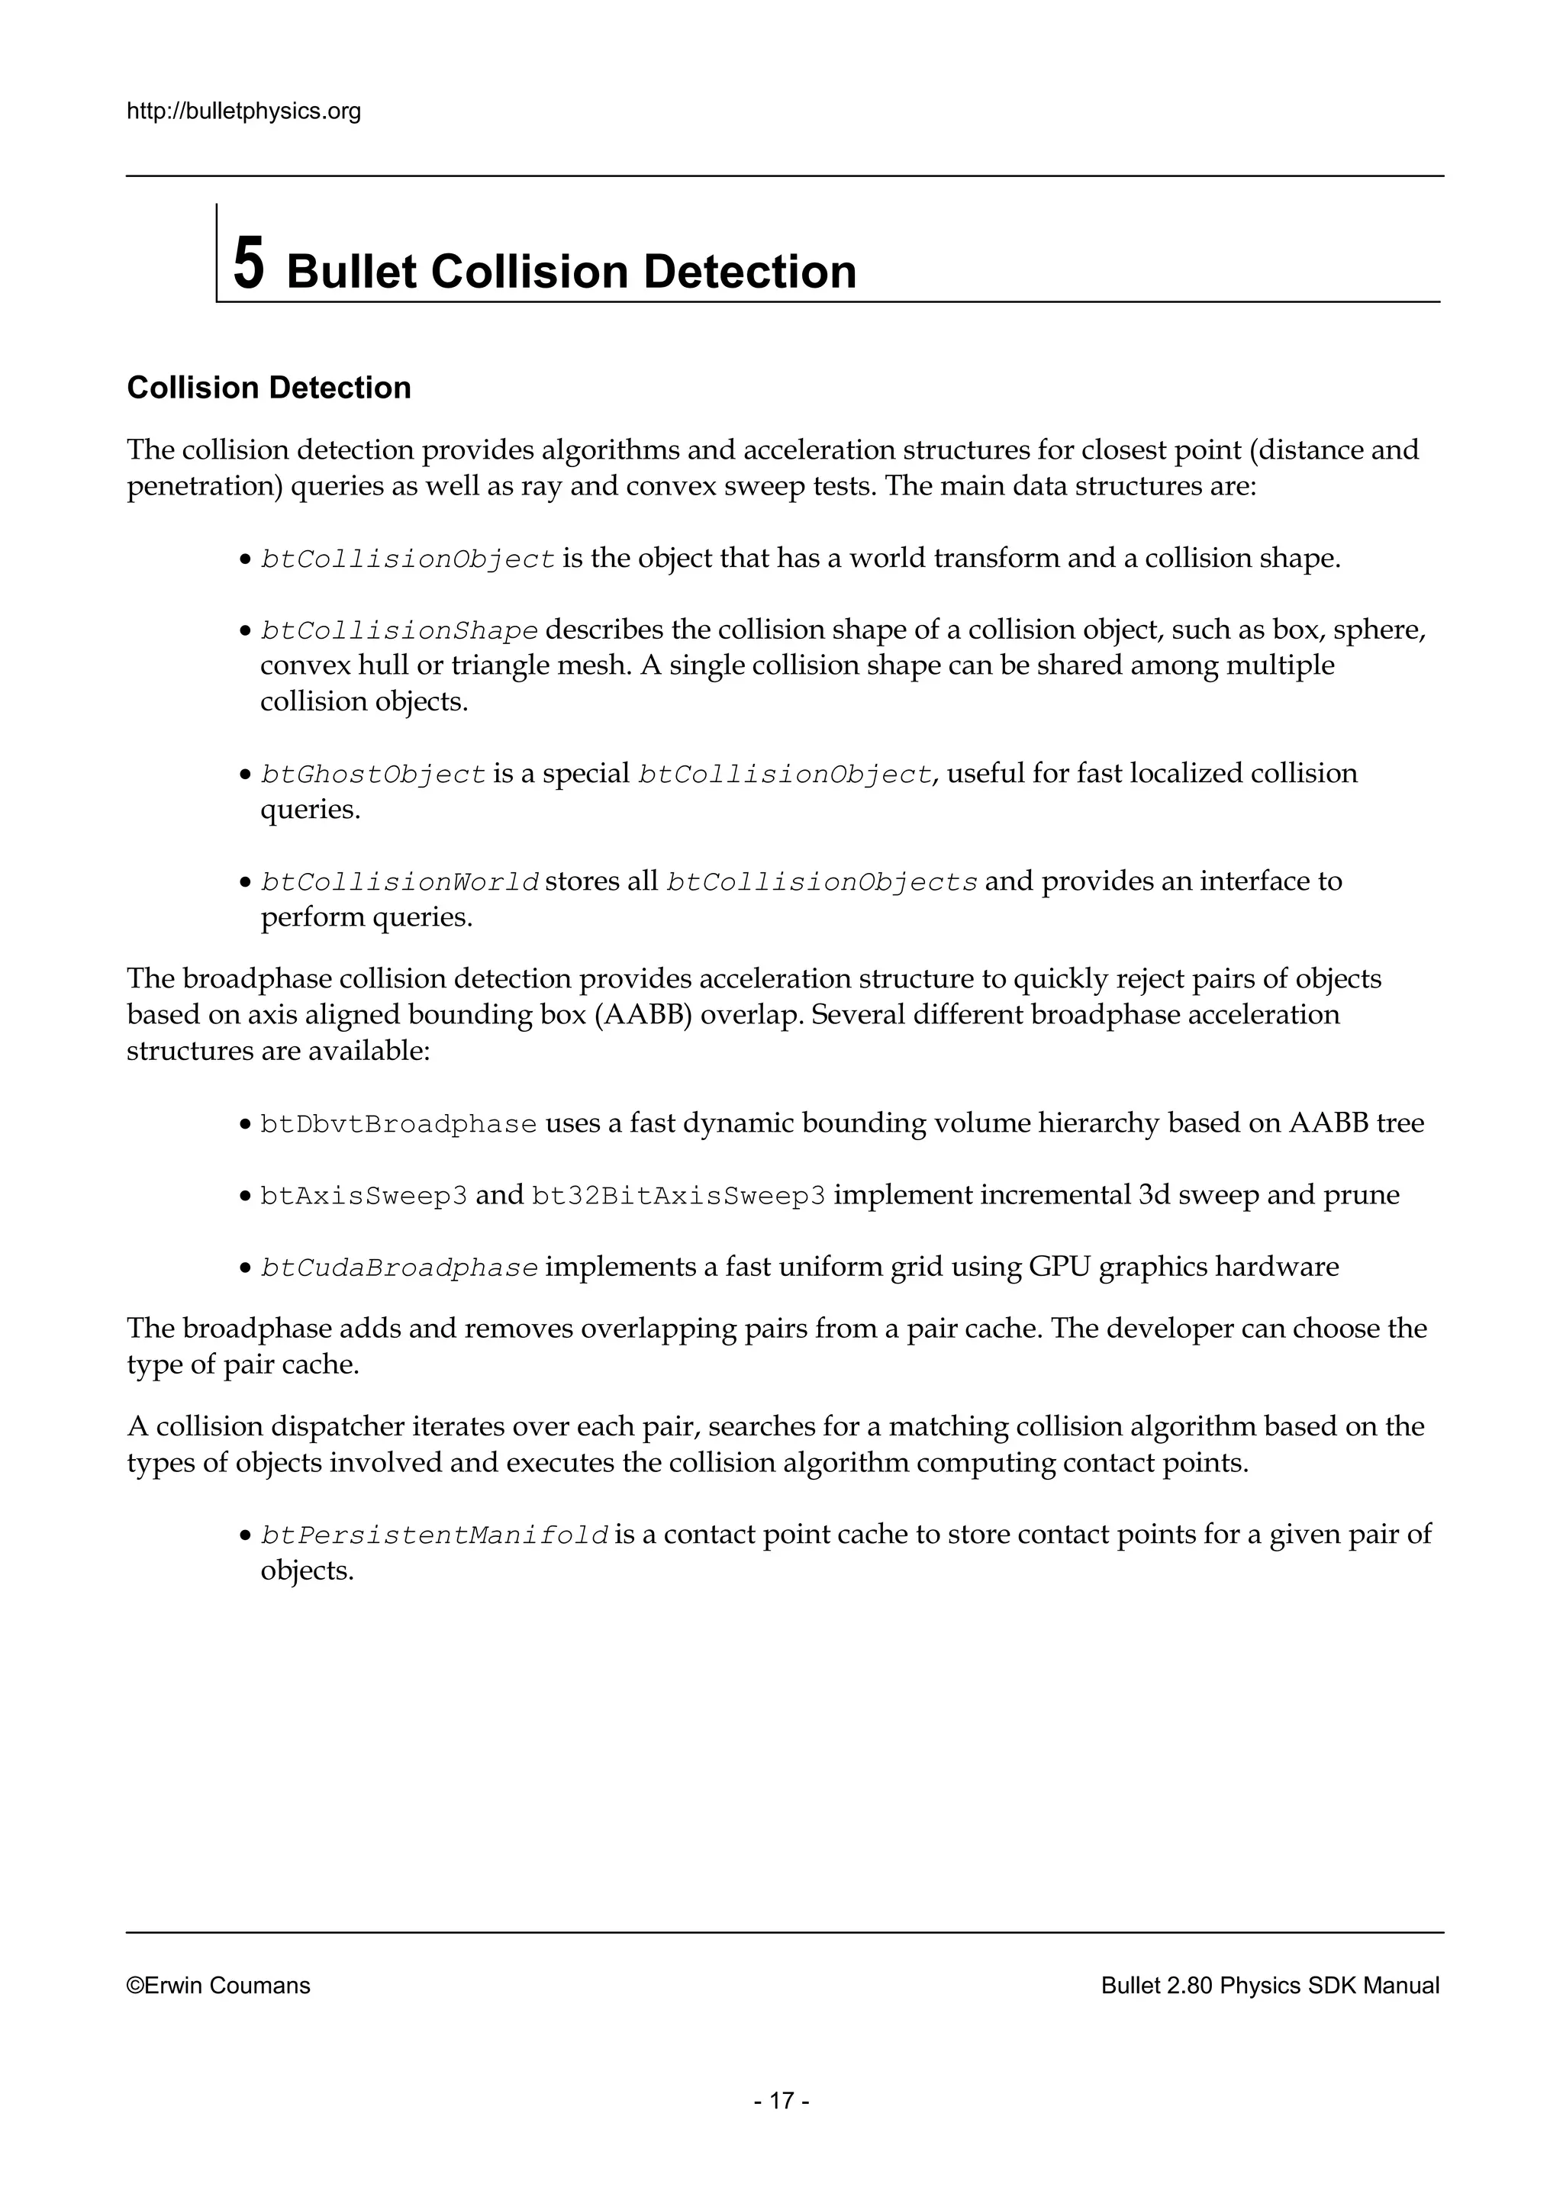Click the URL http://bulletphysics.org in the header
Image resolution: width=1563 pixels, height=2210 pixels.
(x=243, y=111)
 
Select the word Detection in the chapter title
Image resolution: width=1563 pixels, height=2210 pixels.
(x=749, y=272)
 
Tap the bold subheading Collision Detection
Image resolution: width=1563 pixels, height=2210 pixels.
(x=269, y=388)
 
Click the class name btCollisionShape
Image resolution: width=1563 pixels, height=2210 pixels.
(x=398, y=630)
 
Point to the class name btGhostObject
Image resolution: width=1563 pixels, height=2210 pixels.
(x=372, y=774)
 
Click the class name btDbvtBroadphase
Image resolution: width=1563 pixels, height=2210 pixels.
(x=398, y=1124)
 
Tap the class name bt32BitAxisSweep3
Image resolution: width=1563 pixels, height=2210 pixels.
(x=678, y=1196)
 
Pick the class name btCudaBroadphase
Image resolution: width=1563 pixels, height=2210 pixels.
(x=398, y=1268)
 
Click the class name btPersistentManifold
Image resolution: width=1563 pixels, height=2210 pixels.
(x=434, y=1535)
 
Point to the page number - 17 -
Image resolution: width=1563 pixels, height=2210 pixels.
(x=781, y=2100)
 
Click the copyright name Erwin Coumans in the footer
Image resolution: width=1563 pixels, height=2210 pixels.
(x=227, y=1985)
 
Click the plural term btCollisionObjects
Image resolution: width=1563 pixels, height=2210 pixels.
(x=822, y=881)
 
